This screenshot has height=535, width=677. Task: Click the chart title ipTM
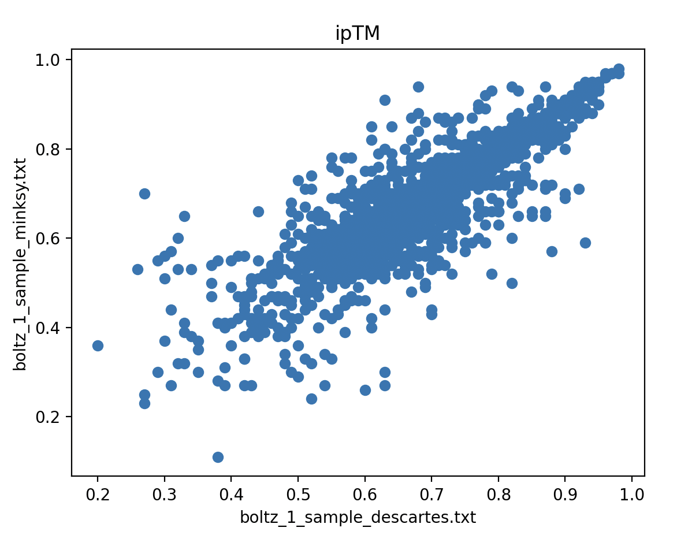pyautogui.click(x=358, y=34)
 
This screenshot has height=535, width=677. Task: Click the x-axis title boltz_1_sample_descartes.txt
pyautogui.click(x=358, y=517)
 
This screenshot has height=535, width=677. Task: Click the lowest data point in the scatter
pyautogui.click(x=218, y=457)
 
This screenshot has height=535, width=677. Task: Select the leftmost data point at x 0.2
pyautogui.click(x=98, y=345)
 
